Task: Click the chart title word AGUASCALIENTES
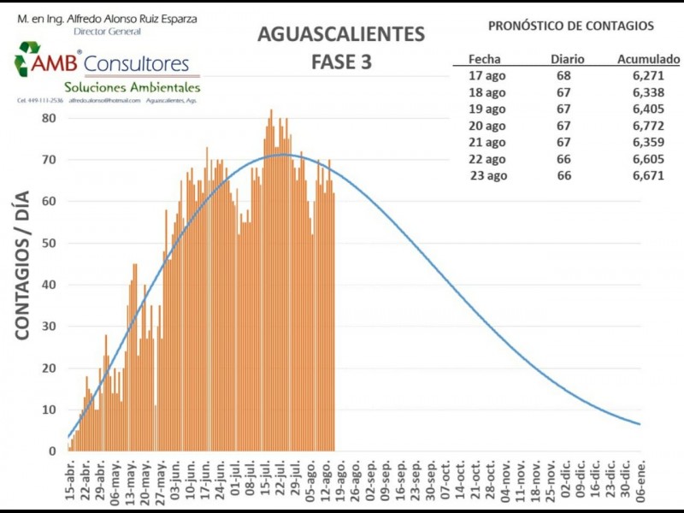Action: (x=341, y=35)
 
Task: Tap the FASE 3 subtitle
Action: (x=341, y=63)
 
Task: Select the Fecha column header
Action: (x=484, y=59)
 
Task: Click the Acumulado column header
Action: (x=648, y=59)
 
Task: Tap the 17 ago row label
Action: (x=488, y=75)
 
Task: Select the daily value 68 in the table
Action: (x=563, y=75)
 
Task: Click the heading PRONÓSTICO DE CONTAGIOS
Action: (x=571, y=26)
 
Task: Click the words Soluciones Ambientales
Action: (x=132, y=87)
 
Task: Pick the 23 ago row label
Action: (x=488, y=175)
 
